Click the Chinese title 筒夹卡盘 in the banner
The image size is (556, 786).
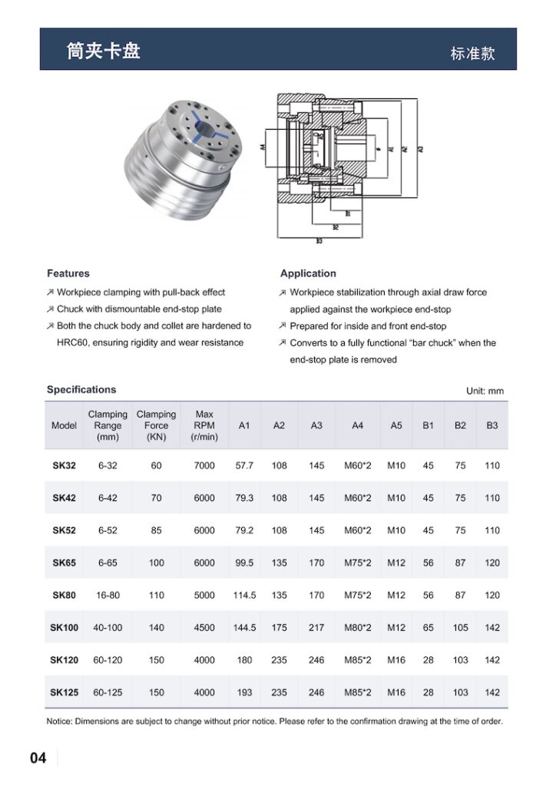tap(103, 51)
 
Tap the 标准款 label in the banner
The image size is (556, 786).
tap(472, 54)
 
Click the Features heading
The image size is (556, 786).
tap(68, 273)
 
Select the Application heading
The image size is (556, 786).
tap(308, 273)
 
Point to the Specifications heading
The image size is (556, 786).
tap(81, 389)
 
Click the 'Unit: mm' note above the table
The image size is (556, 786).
tap(485, 391)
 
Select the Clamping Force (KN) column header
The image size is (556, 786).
tap(156, 425)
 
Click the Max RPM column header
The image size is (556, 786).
tap(204, 425)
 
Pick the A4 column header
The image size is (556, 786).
tap(357, 425)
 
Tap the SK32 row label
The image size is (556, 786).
tap(65, 465)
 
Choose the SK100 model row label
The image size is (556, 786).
tap(65, 627)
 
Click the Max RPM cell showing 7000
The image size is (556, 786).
tap(204, 465)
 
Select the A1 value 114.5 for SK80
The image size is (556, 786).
tap(244, 595)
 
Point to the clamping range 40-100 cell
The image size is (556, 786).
tap(108, 627)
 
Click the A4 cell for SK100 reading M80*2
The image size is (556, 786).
tap(357, 627)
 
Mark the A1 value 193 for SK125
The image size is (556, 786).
tap(244, 692)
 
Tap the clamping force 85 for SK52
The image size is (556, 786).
tap(156, 530)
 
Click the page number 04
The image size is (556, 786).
tap(38, 758)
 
